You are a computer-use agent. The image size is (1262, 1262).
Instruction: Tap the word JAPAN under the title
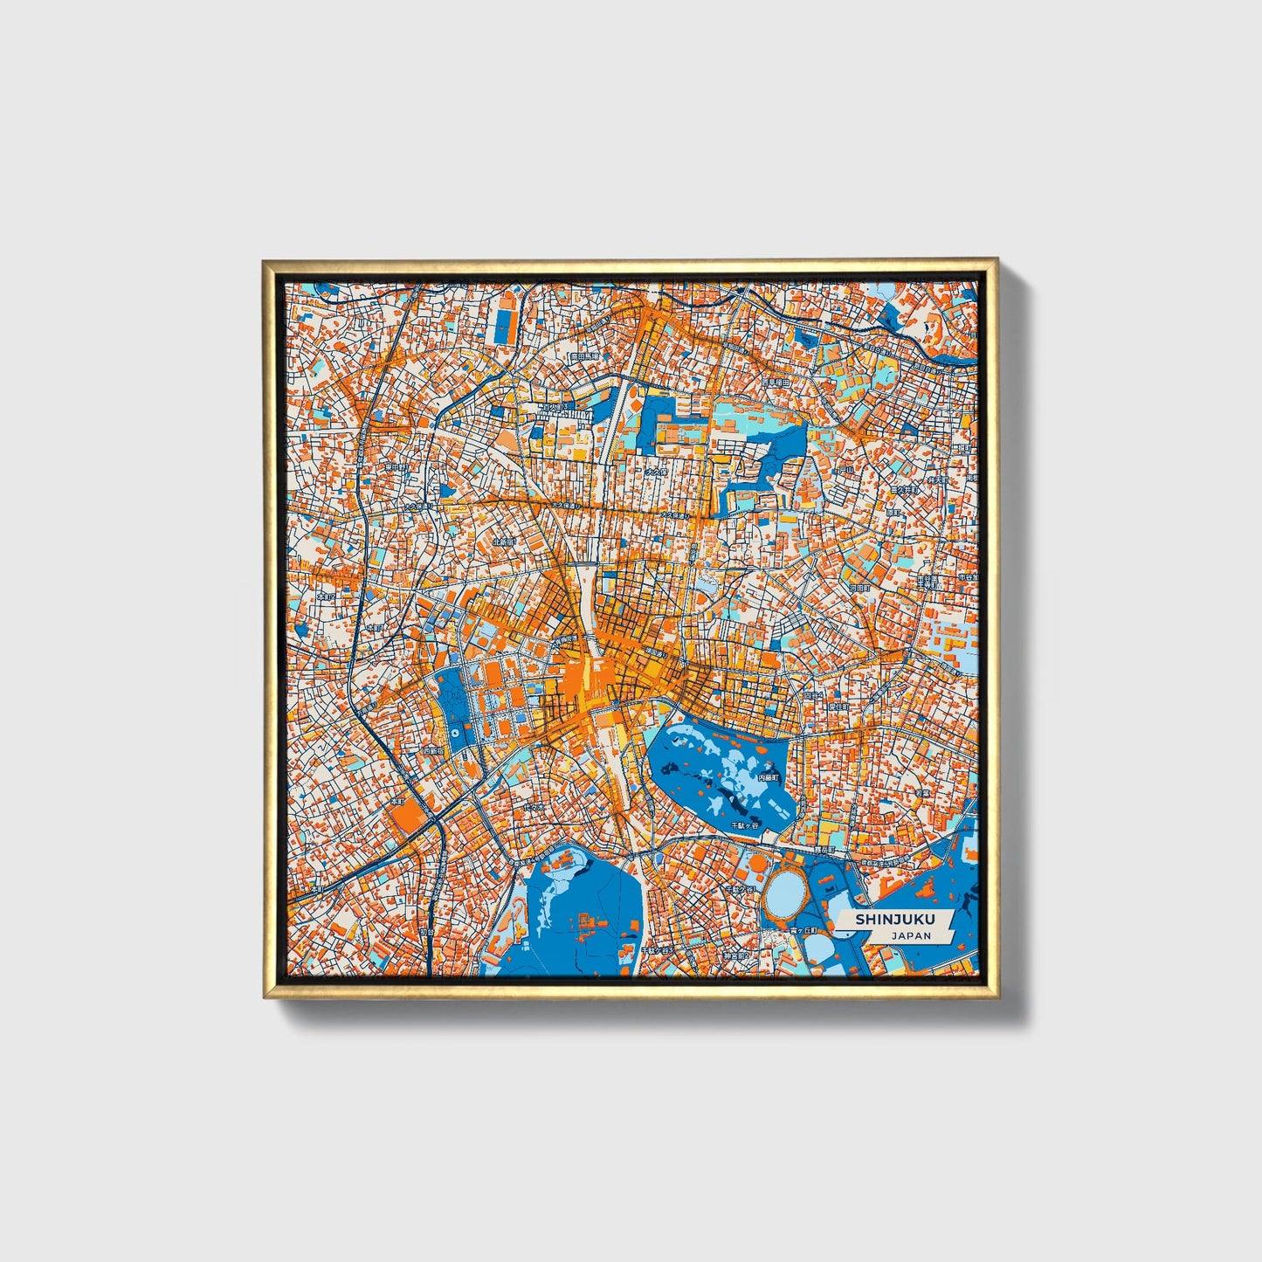tap(910, 935)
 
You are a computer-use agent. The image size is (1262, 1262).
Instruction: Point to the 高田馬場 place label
tap(583, 356)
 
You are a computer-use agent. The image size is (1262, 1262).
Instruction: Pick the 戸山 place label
tap(845, 471)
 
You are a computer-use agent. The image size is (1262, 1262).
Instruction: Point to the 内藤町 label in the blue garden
tap(767, 776)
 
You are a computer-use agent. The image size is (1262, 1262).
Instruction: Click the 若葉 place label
tap(920, 793)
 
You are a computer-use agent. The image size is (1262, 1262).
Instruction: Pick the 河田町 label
tap(860, 588)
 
